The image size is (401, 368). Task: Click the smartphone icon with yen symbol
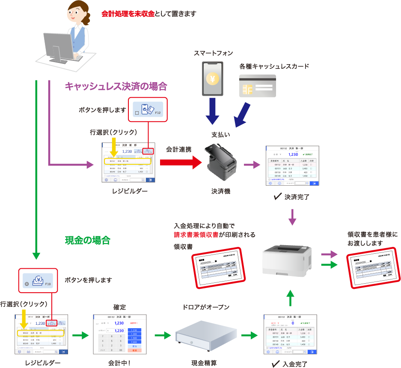(x=213, y=78)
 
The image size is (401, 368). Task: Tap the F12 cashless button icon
(x=148, y=110)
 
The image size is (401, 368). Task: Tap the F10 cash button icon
(x=36, y=281)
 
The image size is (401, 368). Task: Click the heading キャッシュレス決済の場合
(x=116, y=86)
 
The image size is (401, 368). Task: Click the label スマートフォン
(x=213, y=53)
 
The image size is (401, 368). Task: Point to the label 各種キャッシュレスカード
(x=274, y=67)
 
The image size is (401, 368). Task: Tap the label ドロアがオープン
(x=206, y=307)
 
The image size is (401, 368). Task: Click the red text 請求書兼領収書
(x=196, y=234)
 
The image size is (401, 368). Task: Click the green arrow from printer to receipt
(x=329, y=265)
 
